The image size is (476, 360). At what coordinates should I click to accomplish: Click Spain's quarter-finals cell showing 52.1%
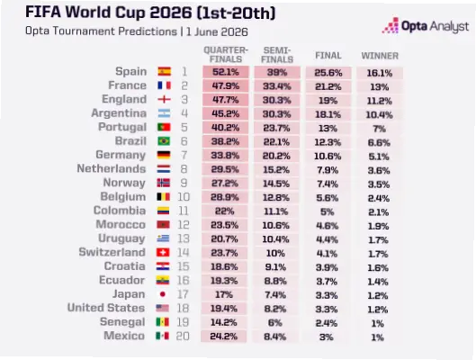coord(226,72)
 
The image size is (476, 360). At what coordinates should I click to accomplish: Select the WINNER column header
coord(380,56)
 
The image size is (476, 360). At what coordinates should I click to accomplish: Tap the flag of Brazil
coord(164,141)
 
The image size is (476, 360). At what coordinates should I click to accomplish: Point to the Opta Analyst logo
coord(426,25)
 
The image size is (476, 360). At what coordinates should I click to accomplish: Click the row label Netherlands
coord(112,169)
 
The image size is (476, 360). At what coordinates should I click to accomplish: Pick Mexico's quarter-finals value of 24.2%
coord(224,337)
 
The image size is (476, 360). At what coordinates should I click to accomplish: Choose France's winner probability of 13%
coord(380,87)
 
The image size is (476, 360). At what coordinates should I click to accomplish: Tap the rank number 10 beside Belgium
coord(184,197)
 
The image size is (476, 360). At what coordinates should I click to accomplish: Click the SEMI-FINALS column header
coord(277,55)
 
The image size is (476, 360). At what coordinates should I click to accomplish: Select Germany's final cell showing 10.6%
coord(328,157)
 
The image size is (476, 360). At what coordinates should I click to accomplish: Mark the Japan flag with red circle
coord(163,294)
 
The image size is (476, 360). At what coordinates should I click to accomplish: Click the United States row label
coord(106,308)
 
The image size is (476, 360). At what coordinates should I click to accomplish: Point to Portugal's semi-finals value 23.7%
coord(277,128)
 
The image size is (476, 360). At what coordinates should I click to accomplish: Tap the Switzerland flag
coord(163,253)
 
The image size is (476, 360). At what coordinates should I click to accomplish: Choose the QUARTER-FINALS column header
coord(226,55)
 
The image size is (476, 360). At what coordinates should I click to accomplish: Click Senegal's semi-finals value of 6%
coord(275,323)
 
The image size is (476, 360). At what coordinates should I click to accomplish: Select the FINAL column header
coord(328,56)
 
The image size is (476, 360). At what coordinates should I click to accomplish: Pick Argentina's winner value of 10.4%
coord(380,114)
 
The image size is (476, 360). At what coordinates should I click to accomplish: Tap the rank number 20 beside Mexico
coord(183,337)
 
